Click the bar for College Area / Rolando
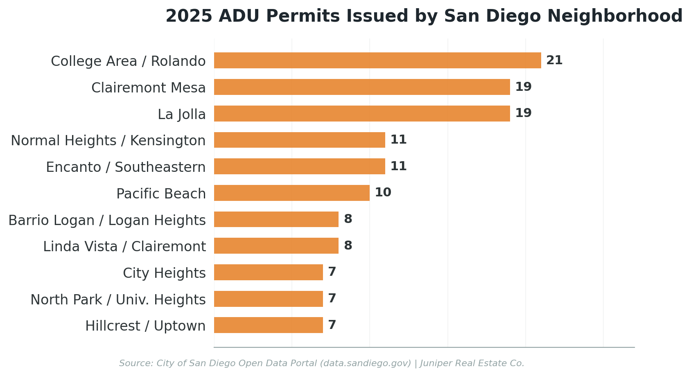[x=377, y=61]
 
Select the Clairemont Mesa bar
[x=362, y=87]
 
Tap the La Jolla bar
[x=362, y=113]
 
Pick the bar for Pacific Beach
[x=291, y=193]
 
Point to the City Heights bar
[x=268, y=272]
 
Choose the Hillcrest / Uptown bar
[x=268, y=325]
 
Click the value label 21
[x=554, y=61]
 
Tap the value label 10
[x=383, y=193]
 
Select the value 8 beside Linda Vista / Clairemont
[x=348, y=246]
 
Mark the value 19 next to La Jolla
[x=523, y=113]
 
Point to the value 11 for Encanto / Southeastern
[x=398, y=167]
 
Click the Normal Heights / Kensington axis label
[x=108, y=141]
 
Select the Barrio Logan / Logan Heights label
[x=107, y=220]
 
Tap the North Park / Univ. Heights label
[x=118, y=300]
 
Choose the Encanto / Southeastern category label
[x=126, y=167]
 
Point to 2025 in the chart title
[x=189, y=17]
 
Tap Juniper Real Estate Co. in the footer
[x=472, y=363]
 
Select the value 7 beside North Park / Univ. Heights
[x=332, y=299]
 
